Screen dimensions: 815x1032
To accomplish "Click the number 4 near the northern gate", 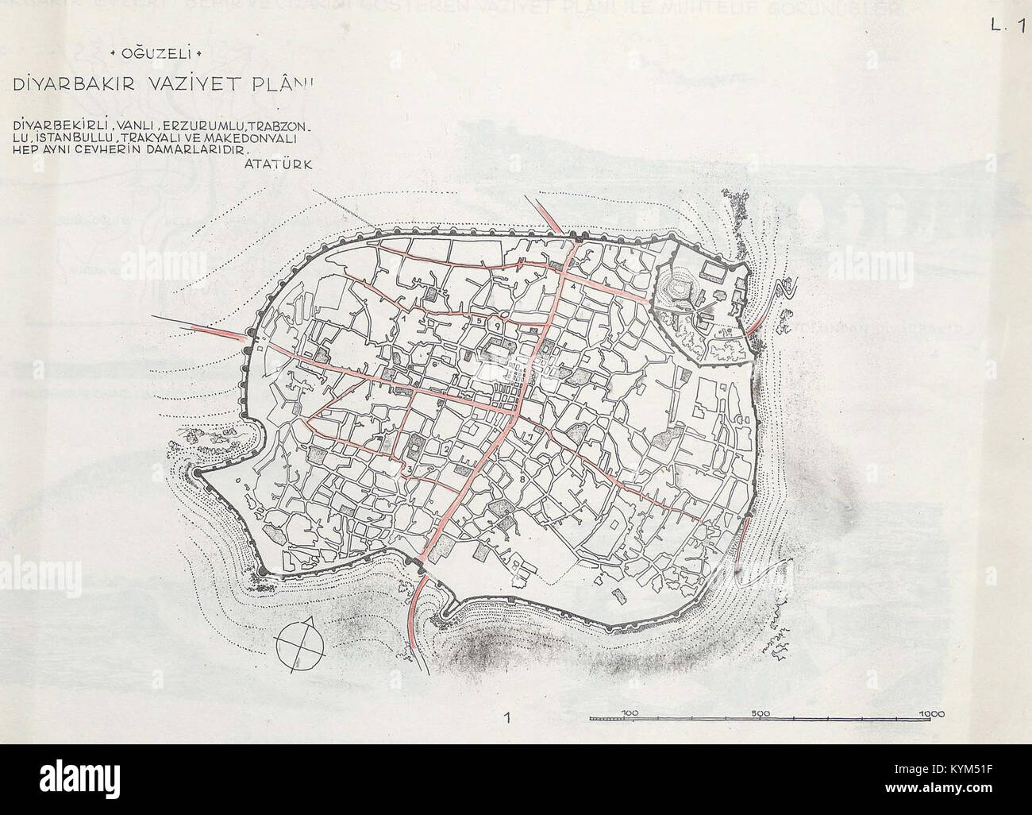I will click(573, 285).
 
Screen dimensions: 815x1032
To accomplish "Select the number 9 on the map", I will click(497, 324).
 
